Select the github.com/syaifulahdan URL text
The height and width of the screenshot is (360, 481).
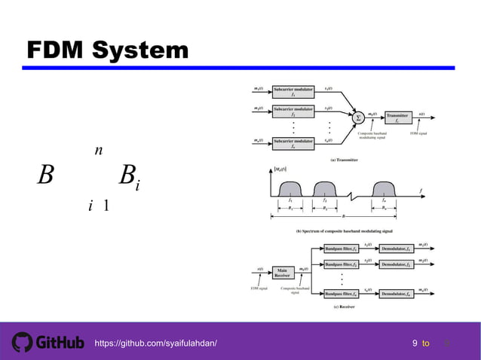point(155,343)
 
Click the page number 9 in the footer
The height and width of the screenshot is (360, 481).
point(415,343)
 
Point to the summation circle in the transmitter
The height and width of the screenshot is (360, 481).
point(358,117)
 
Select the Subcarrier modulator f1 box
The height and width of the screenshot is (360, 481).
point(293,92)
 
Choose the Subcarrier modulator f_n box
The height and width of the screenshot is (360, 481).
point(293,143)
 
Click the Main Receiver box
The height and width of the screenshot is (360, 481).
point(282,272)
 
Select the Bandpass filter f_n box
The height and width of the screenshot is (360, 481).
point(346,294)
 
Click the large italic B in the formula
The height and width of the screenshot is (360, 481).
point(46,178)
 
